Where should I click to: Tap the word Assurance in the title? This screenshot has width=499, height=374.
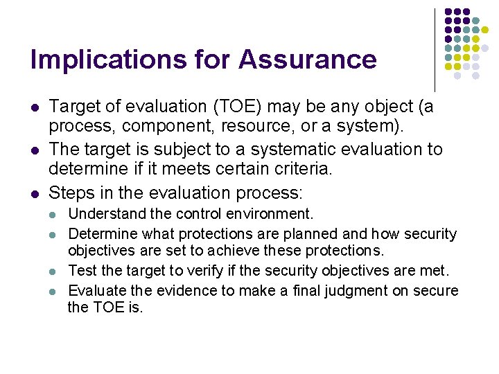coord(308,60)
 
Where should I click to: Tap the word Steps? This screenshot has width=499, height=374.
coord(73,193)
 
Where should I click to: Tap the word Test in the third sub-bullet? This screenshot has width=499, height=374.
coord(82,271)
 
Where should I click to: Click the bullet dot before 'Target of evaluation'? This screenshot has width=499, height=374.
coord(35,107)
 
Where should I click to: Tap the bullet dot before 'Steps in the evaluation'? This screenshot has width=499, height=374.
coord(35,193)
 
